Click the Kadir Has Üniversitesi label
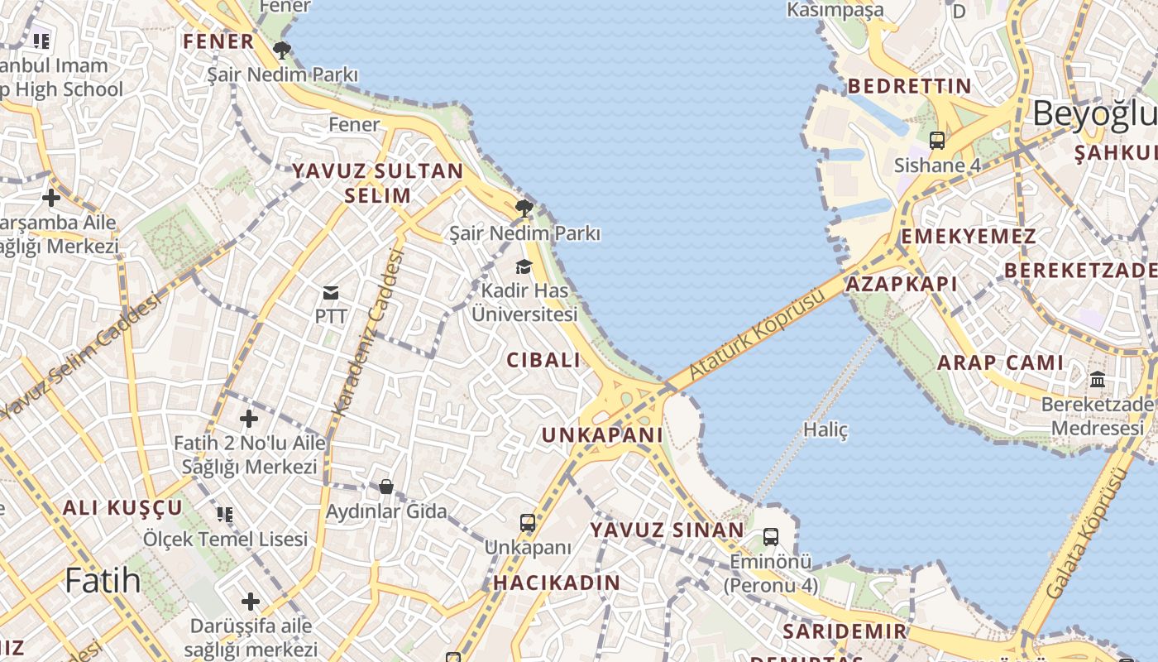click(x=524, y=303)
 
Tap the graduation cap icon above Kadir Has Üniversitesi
click(x=524, y=266)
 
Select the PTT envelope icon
click(x=331, y=292)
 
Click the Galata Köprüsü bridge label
click(x=1086, y=534)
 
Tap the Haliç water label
click(x=825, y=429)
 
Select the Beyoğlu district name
click(x=1094, y=114)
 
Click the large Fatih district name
click(x=103, y=581)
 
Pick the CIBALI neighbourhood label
click(x=543, y=360)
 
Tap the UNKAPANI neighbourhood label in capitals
click(x=602, y=435)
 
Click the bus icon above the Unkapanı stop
click(x=528, y=523)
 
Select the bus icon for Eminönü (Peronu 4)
click(x=771, y=537)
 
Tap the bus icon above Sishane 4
click(x=936, y=141)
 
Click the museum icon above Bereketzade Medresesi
click(x=1098, y=380)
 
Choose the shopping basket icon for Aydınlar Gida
click(x=386, y=487)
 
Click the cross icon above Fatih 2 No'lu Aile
click(x=249, y=419)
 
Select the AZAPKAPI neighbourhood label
click(x=901, y=285)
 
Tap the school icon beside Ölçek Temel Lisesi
click(x=225, y=515)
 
